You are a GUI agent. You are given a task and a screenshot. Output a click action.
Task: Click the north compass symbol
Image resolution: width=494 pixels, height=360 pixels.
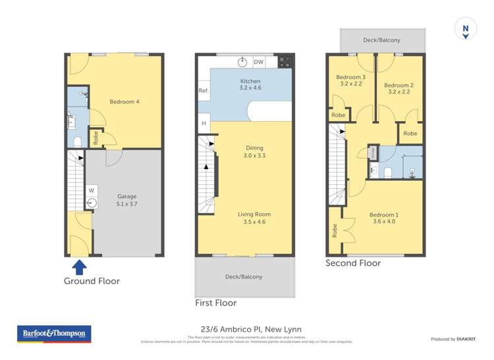[x=465, y=29]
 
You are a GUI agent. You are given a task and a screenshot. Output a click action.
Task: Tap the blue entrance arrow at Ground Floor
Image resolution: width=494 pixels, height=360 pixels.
[x=79, y=267]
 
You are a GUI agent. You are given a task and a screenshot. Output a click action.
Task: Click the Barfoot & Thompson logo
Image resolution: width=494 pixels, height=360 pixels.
[x=54, y=334]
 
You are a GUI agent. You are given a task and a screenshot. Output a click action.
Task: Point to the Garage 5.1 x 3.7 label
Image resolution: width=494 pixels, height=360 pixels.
[x=127, y=200]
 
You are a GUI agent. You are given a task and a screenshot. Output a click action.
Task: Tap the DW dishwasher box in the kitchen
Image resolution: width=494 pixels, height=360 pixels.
[x=259, y=63]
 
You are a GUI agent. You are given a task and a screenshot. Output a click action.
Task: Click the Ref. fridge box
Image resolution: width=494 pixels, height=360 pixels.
[x=204, y=91]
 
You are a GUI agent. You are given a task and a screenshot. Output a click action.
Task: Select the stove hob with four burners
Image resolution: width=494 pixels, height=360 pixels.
[x=285, y=62]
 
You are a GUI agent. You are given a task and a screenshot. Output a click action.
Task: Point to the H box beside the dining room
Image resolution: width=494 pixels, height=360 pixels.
[x=204, y=124]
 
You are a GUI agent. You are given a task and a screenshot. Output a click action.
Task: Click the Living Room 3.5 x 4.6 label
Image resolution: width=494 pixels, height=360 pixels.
[x=254, y=218]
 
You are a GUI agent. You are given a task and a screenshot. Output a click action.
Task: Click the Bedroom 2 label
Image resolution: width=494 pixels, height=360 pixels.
[x=398, y=89]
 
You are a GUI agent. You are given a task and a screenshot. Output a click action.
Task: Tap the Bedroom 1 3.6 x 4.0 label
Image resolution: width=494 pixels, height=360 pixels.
[x=383, y=219]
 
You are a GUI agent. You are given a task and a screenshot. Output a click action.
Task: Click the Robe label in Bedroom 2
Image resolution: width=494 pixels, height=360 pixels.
[x=410, y=134]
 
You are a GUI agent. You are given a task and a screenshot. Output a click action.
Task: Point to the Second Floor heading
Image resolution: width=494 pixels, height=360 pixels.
[x=353, y=263]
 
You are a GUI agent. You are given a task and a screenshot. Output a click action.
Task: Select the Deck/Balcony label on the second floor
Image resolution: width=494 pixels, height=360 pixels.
[x=381, y=40]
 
